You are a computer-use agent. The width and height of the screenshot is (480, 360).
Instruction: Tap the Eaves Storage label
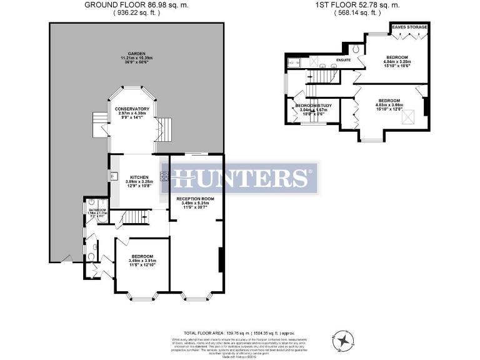409,27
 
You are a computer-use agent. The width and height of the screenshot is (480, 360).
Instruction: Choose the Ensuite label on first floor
343,60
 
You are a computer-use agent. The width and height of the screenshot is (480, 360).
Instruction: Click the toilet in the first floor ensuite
354,48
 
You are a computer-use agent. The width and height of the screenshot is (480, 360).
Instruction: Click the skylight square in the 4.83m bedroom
409,117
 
